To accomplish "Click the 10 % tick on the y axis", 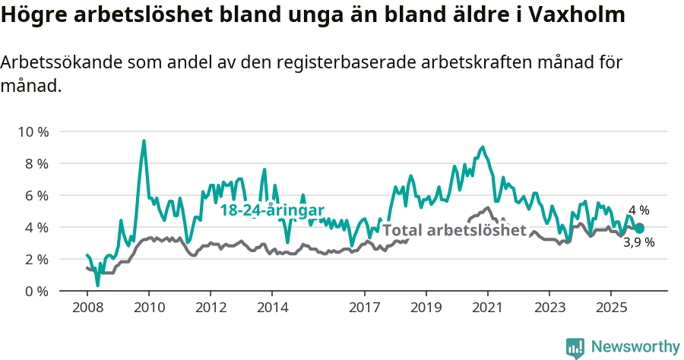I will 33,131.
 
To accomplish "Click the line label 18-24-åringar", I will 272,211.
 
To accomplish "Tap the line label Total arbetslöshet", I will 454,230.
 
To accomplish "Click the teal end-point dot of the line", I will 639,228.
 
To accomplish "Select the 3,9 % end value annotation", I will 638,243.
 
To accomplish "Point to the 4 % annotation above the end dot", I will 638,210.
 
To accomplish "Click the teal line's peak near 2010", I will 144,141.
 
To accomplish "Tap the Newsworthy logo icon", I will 575,347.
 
